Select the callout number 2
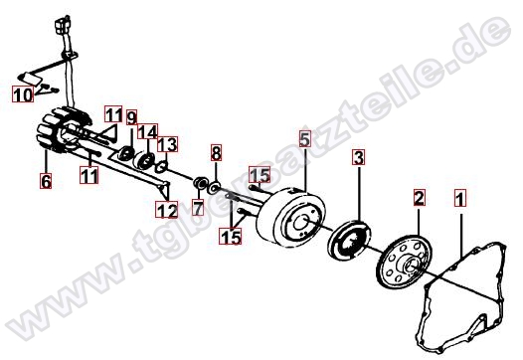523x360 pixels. [420, 198]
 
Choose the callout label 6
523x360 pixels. [46, 181]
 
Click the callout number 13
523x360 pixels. [168, 146]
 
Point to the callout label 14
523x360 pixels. [148, 131]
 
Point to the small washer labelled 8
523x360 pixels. [213, 187]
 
